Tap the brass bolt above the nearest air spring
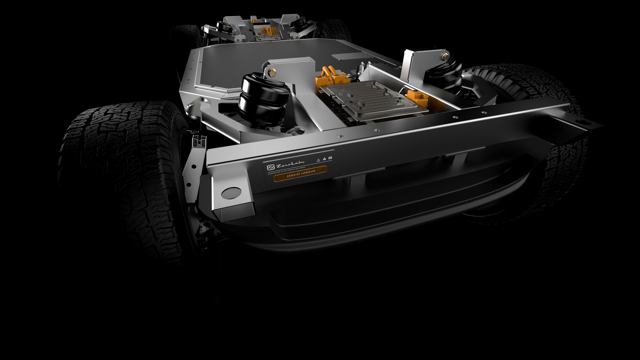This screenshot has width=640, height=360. coord(271,71)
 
